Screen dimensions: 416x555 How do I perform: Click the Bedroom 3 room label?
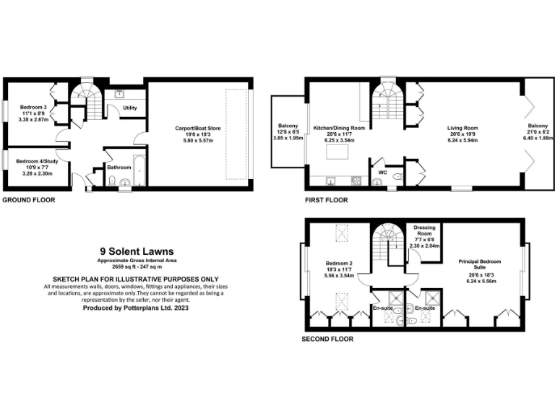click(x=31, y=108)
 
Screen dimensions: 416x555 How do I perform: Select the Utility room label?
click(x=130, y=108)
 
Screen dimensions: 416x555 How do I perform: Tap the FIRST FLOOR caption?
click(x=326, y=200)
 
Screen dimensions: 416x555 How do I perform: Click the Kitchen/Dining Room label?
click(x=339, y=127)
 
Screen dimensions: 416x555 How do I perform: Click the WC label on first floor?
click(x=382, y=173)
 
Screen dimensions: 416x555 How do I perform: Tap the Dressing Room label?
click(x=424, y=231)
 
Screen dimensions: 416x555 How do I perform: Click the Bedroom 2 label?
click(x=338, y=263)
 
